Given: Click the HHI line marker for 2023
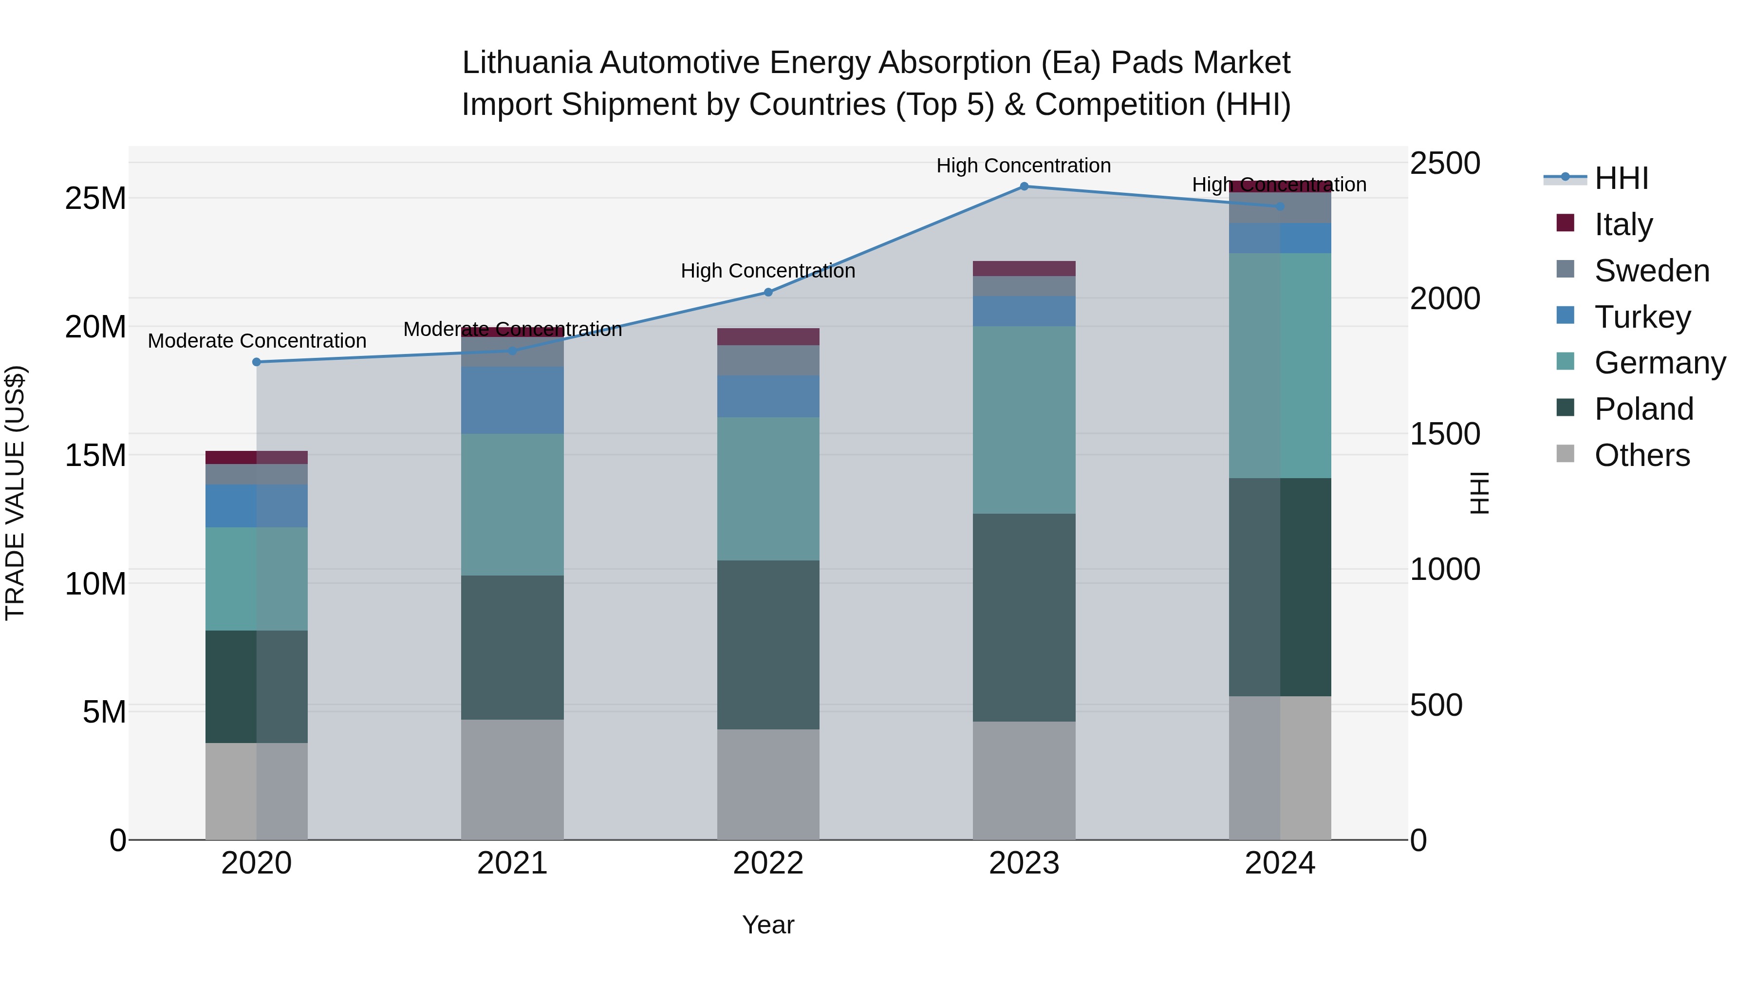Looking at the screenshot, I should pos(1024,186).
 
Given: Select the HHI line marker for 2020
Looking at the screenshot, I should pos(257,362).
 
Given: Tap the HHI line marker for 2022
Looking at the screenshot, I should pos(768,293).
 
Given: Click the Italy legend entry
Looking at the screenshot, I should pos(1623,224).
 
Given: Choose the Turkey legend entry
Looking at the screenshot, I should pos(1642,317).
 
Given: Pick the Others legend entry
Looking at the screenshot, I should pos(1641,455).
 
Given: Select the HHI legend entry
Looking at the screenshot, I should pos(1621,178).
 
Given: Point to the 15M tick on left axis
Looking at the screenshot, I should pos(95,455).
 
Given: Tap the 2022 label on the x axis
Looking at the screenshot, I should pos(768,863).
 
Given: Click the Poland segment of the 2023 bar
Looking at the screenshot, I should pos(1024,617).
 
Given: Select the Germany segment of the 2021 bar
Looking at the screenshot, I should pos(512,504).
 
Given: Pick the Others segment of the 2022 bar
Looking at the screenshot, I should pos(768,784).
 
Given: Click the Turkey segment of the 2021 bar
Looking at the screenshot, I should pos(512,400).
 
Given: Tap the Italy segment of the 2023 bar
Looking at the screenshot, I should pos(1024,268).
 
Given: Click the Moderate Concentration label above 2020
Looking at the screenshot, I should pos(257,341).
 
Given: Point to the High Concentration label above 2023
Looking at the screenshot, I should pos(1024,166).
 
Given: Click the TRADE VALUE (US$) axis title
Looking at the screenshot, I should pos(15,493).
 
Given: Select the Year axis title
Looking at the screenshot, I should pos(768,925).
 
